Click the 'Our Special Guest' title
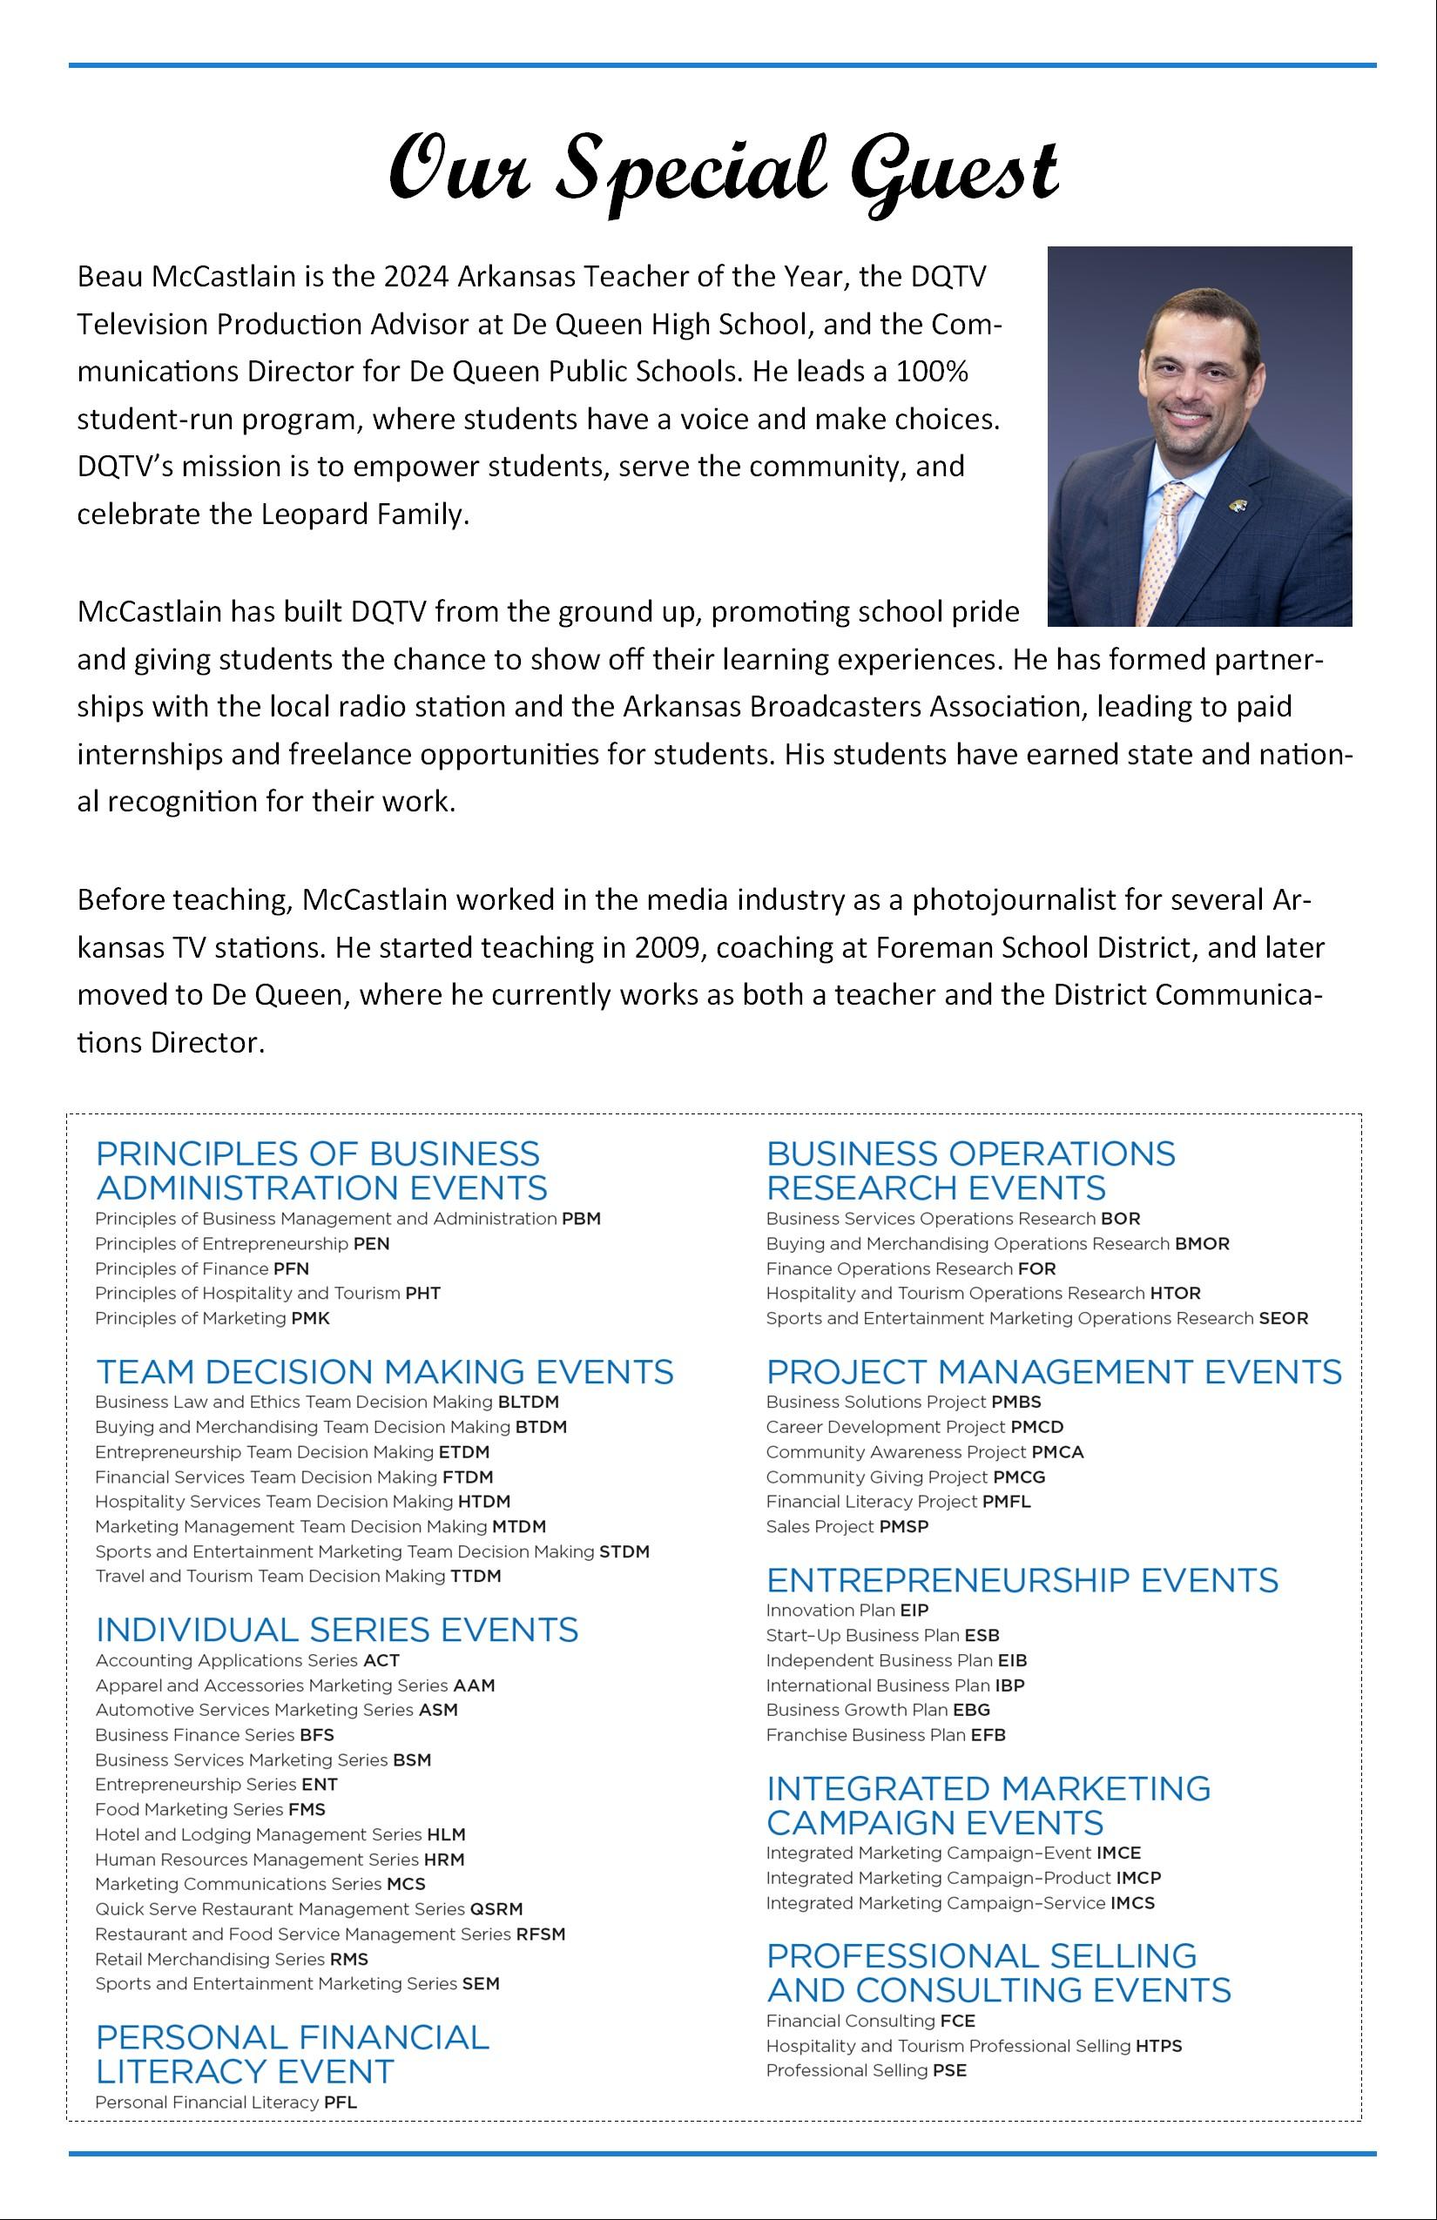pyautogui.click(x=723, y=171)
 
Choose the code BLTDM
pyautogui.click(x=528, y=1402)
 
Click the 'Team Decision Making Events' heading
pyautogui.click(x=384, y=1372)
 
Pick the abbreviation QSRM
pyautogui.click(x=496, y=1909)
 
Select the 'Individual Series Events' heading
pyautogui.click(x=337, y=1630)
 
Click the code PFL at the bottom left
pyautogui.click(x=340, y=2102)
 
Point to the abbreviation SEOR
pyautogui.click(x=1283, y=1319)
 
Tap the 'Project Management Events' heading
pyautogui.click(x=1054, y=1372)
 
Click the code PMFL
pyautogui.click(x=1006, y=1502)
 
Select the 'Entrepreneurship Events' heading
pyautogui.click(x=1022, y=1580)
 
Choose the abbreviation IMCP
pyautogui.click(x=1137, y=1878)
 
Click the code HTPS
pyautogui.click(x=1158, y=2046)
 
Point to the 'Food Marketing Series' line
pyautogui.click(x=210, y=1810)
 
